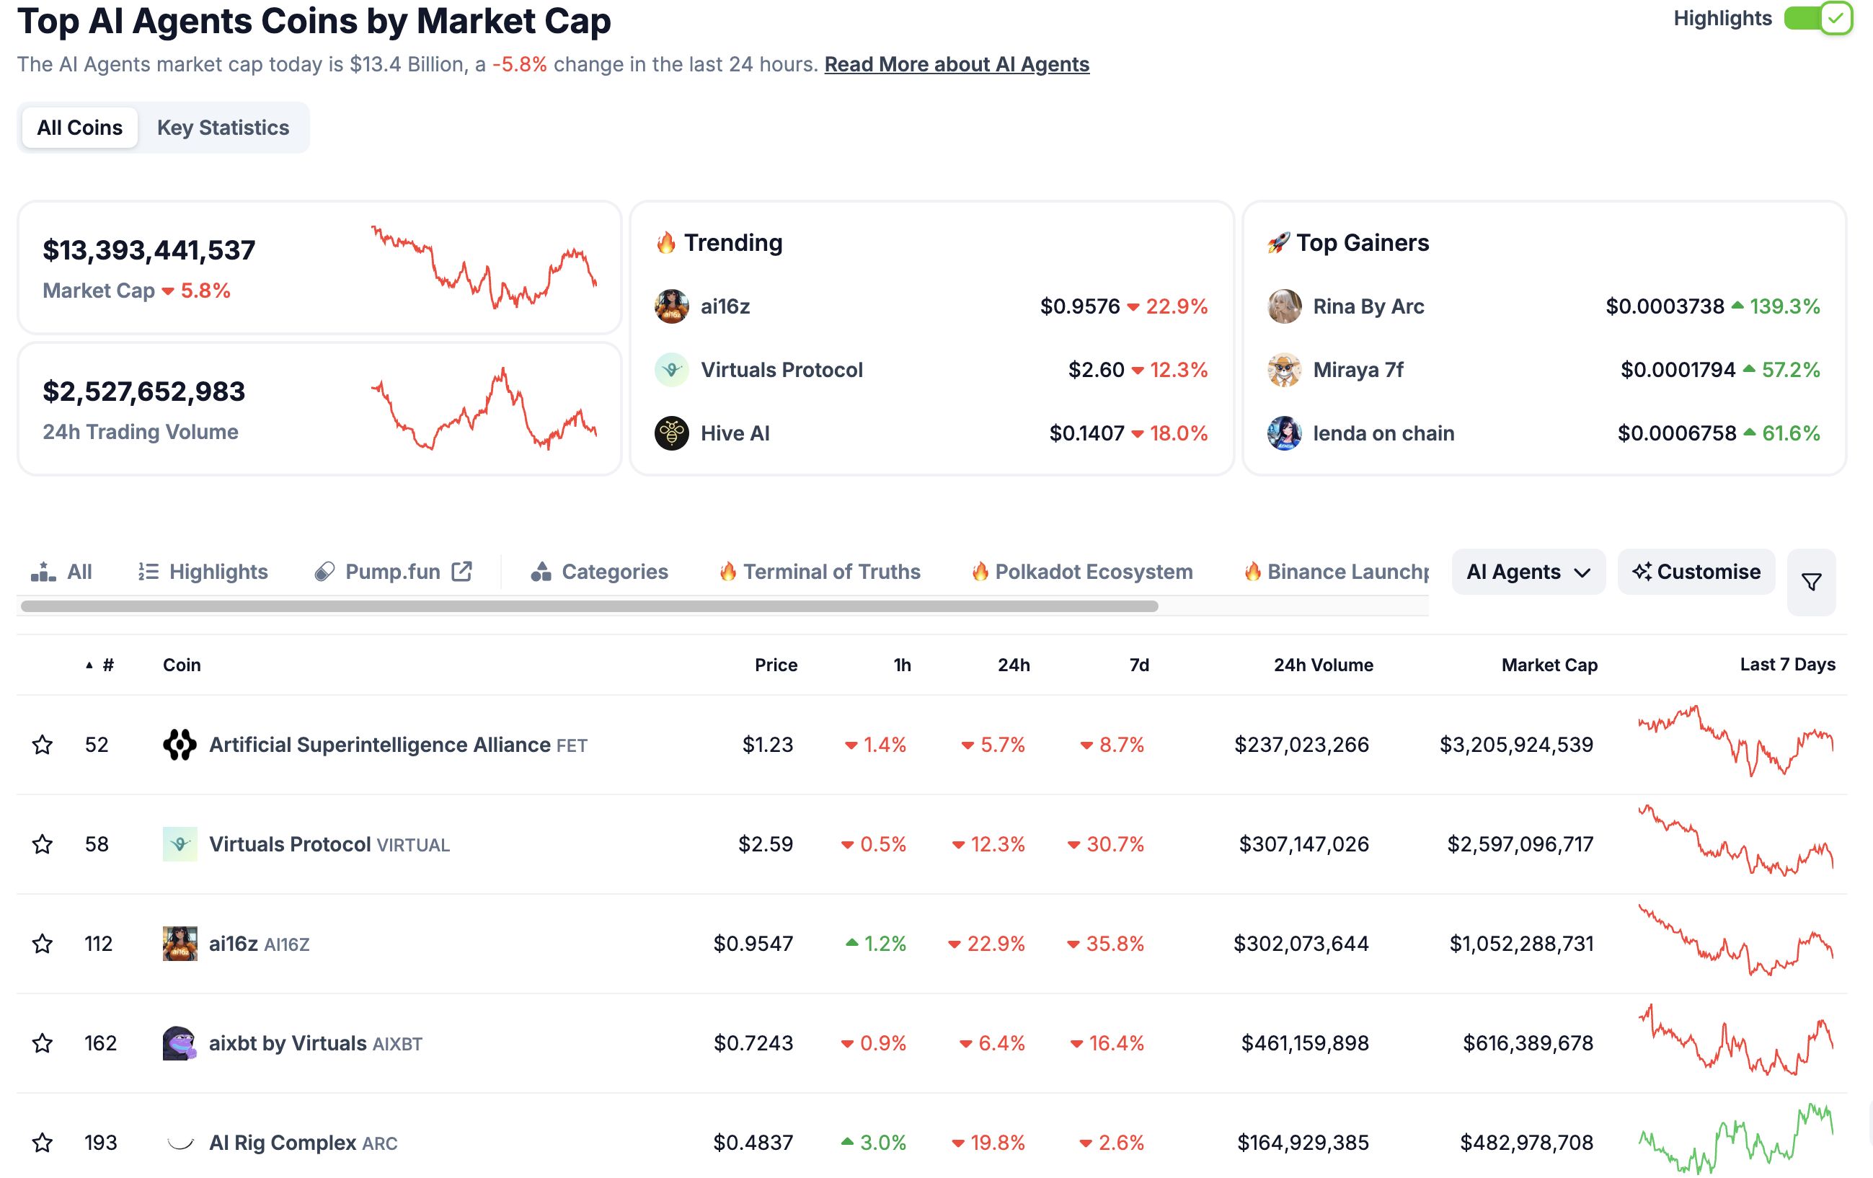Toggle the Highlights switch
tap(1817, 19)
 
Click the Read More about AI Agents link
tap(956, 65)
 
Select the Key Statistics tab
tap(223, 128)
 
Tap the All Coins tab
tap(79, 128)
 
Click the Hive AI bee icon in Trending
tap(671, 433)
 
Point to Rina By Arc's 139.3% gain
tap(1784, 306)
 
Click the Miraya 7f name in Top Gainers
tap(1358, 370)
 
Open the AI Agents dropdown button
tap(1528, 572)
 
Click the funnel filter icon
tap(1811, 582)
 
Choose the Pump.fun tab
tap(393, 572)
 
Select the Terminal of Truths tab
tap(830, 572)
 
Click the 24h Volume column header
tap(1322, 665)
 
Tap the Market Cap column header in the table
tap(1549, 665)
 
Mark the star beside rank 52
tap(43, 745)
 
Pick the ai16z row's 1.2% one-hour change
tap(884, 944)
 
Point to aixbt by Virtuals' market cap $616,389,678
tap(1527, 1043)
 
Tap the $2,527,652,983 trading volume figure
tap(144, 392)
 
